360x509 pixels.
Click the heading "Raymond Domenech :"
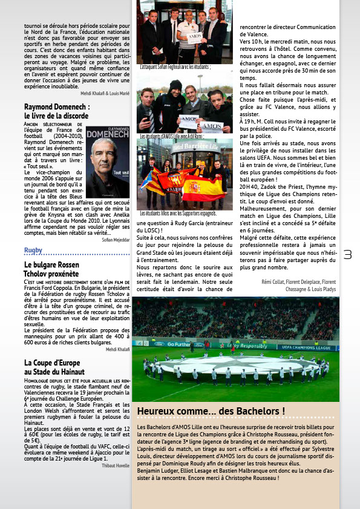point(57,107)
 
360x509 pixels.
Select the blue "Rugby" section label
point(33,250)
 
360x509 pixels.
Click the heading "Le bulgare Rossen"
point(51,265)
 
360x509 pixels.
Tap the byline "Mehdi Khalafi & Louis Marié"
point(105,93)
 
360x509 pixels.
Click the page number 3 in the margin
point(347,255)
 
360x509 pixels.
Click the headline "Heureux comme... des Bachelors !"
point(211,412)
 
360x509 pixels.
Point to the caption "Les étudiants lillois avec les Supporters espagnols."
point(178,214)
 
